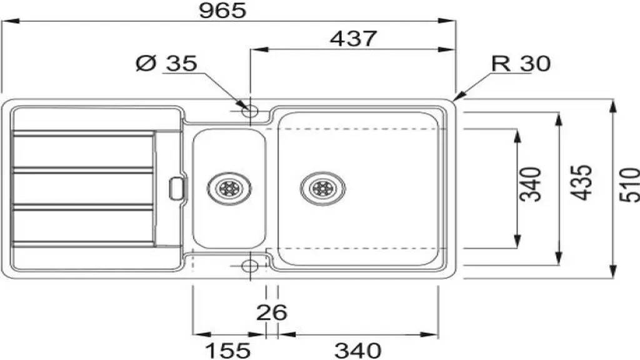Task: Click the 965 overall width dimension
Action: pyautogui.click(x=223, y=10)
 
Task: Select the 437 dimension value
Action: pyautogui.click(x=353, y=39)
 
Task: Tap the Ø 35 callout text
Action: pyautogui.click(x=166, y=63)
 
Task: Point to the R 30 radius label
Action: pyautogui.click(x=521, y=63)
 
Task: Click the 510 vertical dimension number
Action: pyautogui.click(x=630, y=184)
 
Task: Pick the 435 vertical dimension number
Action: pyautogui.click(x=581, y=182)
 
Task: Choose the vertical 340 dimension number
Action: pyautogui.click(x=531, y=184)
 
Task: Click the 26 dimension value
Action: pyautogui.click(x=271, y=312)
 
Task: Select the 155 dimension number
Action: pyautogui.click(x=227, y=350)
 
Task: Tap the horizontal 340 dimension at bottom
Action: pyautogui.click(x=357, y=350)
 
